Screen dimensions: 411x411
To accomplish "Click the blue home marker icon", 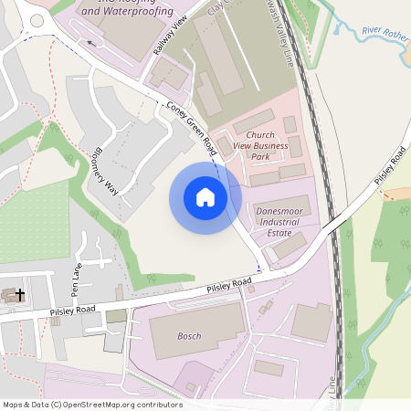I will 205,197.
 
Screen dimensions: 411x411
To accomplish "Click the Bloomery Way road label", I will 107,172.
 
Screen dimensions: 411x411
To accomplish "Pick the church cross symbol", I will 20,295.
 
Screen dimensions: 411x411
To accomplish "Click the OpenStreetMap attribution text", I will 92,405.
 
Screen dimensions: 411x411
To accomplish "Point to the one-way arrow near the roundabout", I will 92,41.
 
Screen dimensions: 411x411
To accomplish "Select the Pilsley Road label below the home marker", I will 228,287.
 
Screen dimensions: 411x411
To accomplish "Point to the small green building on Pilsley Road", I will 116,316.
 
